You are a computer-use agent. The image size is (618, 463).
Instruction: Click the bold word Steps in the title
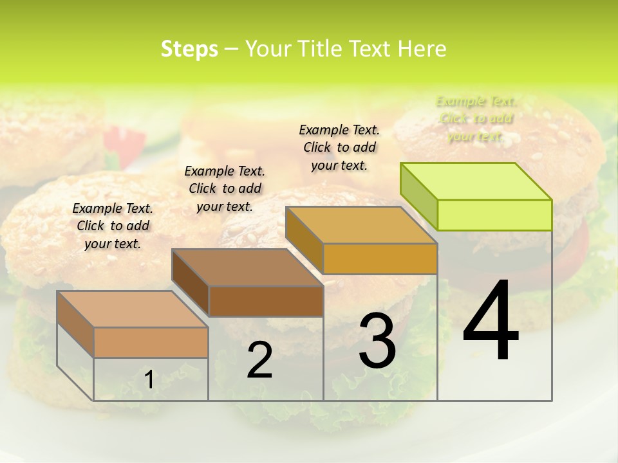point(189,49)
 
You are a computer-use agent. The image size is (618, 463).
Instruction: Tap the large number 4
point(491,322)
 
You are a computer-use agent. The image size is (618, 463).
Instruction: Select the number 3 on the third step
point(377,341)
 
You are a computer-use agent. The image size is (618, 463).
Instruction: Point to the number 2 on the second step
point(259,360)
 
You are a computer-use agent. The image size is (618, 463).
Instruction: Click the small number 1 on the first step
point(149,380)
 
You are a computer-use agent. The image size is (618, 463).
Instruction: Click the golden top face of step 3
point(360,225)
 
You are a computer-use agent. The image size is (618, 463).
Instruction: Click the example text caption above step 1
point(113,226)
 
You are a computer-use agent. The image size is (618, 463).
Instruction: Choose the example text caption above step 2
point(225,188)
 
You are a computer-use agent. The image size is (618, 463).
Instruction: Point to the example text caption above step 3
point(339,147)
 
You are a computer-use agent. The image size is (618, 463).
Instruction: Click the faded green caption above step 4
point(476,119)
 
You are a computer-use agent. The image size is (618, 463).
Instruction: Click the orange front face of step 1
point(151,342)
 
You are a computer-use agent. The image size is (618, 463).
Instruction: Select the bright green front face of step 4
point(494,215)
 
